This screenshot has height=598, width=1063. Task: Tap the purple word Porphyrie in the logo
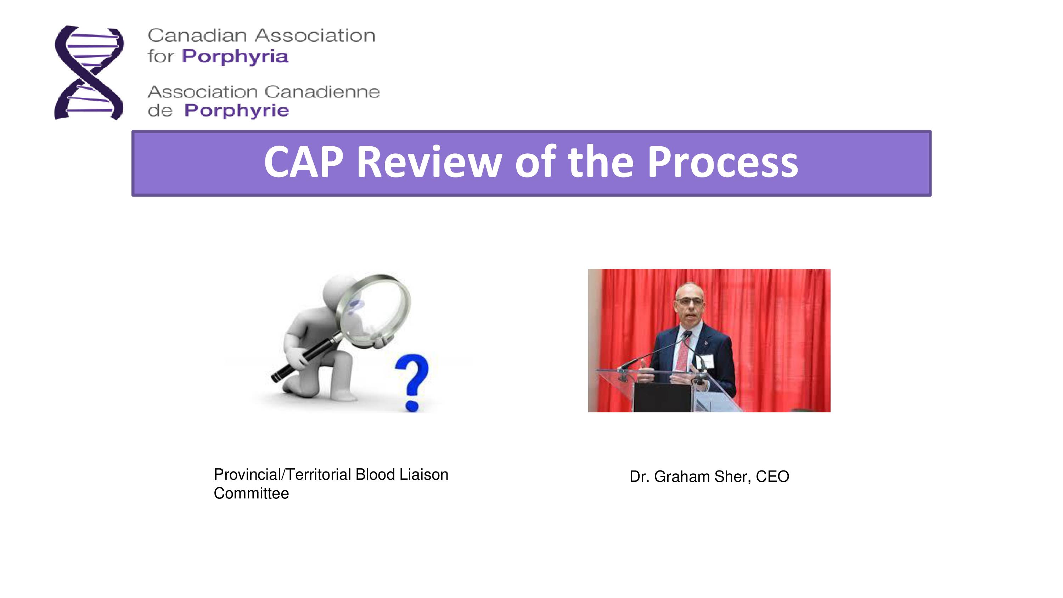[236, 111]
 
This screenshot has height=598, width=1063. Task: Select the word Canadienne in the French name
[322, 92]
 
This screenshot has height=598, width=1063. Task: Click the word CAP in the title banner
[304, 162]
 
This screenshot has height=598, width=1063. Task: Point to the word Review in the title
[429, 162]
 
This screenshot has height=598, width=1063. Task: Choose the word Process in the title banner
[722, 162]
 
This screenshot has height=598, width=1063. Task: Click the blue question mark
[412, 382]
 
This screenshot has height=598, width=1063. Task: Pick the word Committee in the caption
[251, 493]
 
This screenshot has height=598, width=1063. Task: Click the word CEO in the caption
[772, 477]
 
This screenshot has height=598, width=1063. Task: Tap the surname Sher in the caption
[732, 477]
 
